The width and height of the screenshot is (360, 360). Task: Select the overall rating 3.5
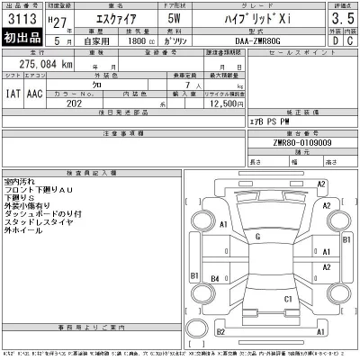[341, 19]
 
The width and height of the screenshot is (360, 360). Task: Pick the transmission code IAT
[13, 93]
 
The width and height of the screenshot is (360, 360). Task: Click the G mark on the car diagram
[258, 237]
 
